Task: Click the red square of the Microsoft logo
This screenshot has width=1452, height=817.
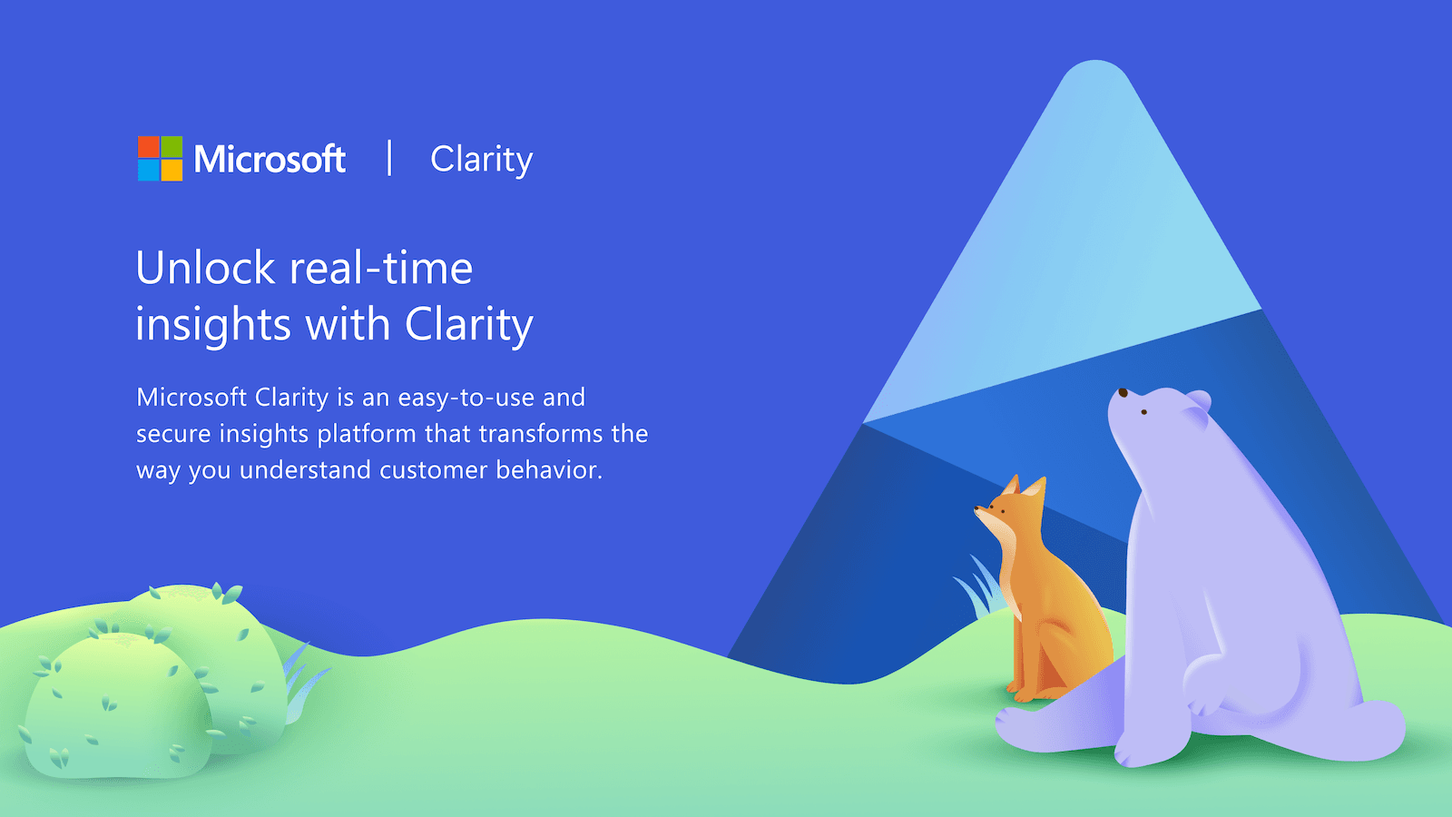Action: [x=148, y=146]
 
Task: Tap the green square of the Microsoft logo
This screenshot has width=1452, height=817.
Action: [x=172, y=146]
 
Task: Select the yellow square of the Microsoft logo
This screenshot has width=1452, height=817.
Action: [x=172, y=170]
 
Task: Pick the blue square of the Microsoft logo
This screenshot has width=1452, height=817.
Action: [x=148, y=170]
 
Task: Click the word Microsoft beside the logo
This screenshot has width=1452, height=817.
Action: [x=270, y=160]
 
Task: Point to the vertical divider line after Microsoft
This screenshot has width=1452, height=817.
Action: [x=389, y=158]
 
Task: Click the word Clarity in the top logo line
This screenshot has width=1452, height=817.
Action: [x=481, y=160]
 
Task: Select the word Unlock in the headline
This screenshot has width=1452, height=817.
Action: [x=205, y=269]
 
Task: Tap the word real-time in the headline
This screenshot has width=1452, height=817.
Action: [x=381, y=269]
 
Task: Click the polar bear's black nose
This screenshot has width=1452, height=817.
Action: [x=1123, y=393]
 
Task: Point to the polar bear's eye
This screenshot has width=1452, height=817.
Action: [x=1144, y=412]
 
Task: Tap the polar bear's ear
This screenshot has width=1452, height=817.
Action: [x=1199, y=399]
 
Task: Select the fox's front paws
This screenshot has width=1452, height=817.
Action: [x=1025, y=694]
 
